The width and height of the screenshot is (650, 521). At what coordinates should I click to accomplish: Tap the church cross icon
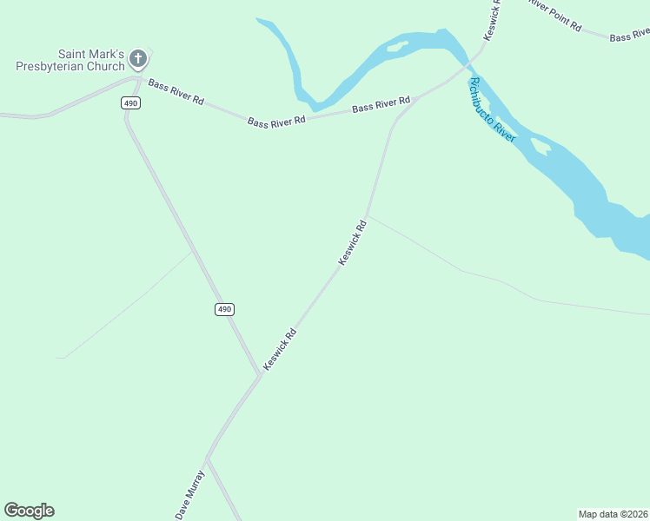pyautogui.click(x=137, y=59)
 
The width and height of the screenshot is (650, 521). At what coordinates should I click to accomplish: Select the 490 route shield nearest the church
pyautogui.click(x=130, y=102)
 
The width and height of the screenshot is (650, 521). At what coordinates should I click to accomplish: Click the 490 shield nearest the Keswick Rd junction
pyautogui.click(x=225, y=309)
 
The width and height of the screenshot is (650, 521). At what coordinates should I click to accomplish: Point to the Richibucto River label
pyautogui.click(x=492, y=109)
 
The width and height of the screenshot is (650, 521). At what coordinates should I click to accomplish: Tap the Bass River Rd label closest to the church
pyautogui.click(x=176, y=91)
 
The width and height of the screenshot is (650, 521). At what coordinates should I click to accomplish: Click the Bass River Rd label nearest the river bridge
pyautogui.click(x=381, y=105)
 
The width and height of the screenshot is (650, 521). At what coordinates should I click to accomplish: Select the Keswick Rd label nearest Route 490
pyautogui.click(x=280, y=350)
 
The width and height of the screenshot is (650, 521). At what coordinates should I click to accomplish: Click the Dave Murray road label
pyautogui.click(x=189, y=495)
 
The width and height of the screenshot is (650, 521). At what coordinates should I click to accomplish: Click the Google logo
pyautogui.click(x=29, y=511)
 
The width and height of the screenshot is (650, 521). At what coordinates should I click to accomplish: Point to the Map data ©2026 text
pyautogui.click(x=614, y=513)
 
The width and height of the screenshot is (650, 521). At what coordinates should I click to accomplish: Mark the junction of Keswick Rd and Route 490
pyautogui.click(x=260, y=374)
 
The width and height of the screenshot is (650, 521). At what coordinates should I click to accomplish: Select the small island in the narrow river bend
pyautogui.click(x=398, y=46)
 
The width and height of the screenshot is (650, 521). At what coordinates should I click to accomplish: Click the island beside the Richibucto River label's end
pyautogui.click(x=541, y=147)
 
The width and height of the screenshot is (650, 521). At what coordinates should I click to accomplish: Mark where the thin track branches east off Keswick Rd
pyautogui.click(x=368, y=214)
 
